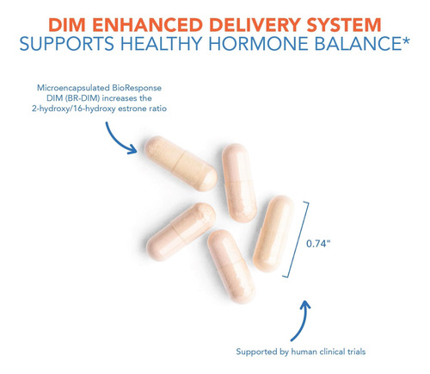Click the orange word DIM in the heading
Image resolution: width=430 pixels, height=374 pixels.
pos(67,25)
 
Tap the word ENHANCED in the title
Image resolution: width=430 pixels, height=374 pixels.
pos(148,25)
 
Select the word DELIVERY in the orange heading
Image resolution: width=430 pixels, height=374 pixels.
pos(255,25)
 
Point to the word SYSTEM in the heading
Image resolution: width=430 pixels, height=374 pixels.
pos(344,25)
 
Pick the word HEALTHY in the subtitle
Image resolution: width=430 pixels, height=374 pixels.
pos(161,44)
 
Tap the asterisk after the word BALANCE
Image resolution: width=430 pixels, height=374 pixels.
pos(406,41)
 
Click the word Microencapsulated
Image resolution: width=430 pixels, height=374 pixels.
pos(73,88)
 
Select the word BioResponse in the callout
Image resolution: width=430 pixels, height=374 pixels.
pos(137,88)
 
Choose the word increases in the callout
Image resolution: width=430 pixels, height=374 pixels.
pos(119,98)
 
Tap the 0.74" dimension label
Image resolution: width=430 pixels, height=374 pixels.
pos(318,244)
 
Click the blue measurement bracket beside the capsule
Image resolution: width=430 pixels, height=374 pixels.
pos(297,240)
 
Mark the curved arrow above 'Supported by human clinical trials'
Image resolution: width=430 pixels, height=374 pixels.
pos(303,321)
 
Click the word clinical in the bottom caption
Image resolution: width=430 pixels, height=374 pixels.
pos(332,352)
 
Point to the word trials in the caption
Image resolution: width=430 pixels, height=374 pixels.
pos(356,352)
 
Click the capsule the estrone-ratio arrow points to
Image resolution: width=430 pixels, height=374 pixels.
pos(181,164)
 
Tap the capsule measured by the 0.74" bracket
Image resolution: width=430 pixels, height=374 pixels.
pos(273,234)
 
